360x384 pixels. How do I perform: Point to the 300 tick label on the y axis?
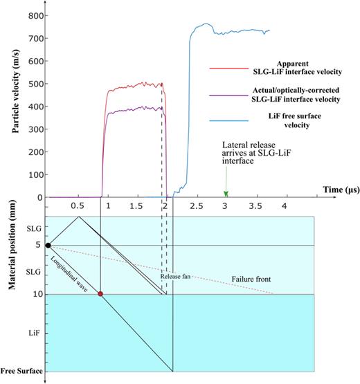pyautogui.click(x=33, y=129)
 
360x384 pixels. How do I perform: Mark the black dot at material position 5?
pyautogui.click(x=48, y=245)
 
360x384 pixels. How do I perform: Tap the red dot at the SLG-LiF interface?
pyautogui.click(x=100, y=294)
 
